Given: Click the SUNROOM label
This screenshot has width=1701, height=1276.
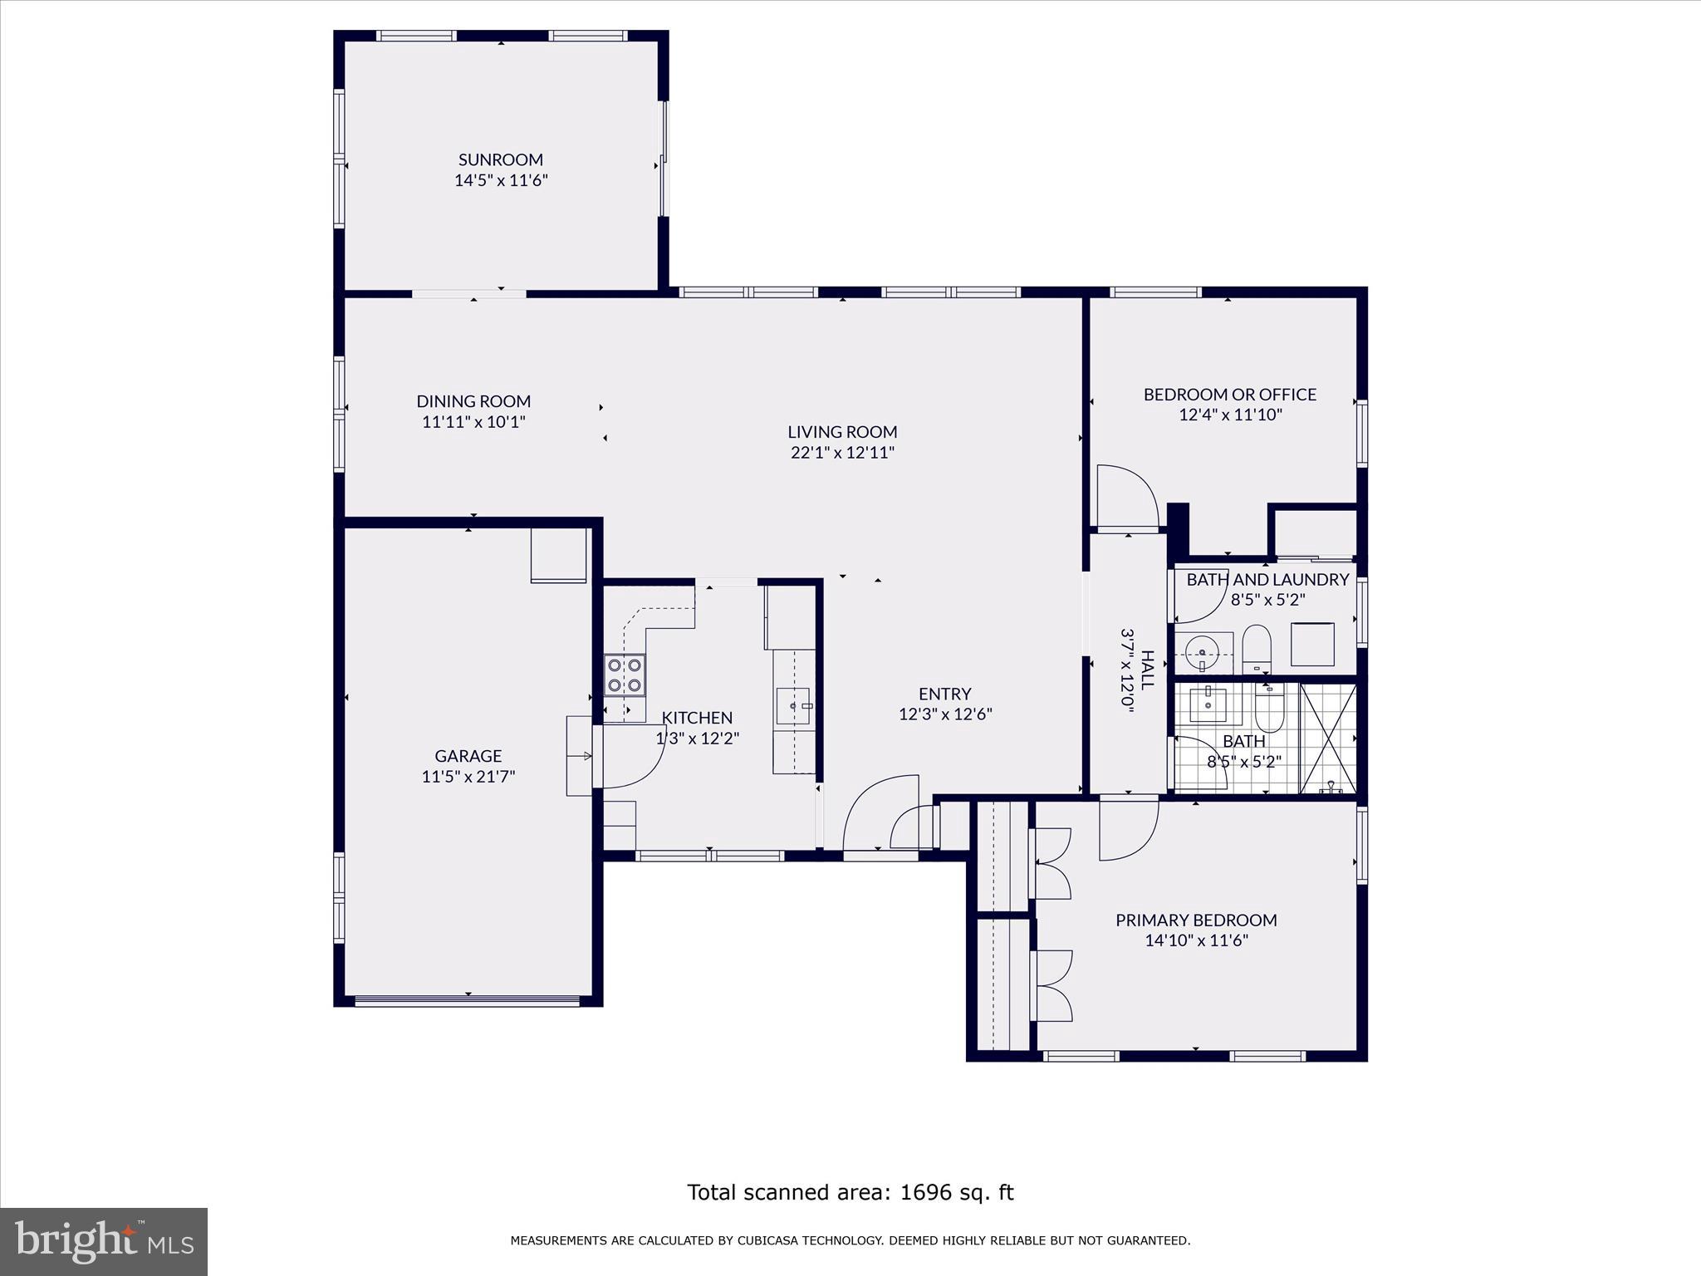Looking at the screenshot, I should (500, 159).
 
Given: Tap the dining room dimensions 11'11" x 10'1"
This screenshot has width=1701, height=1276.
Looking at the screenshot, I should (473, 422).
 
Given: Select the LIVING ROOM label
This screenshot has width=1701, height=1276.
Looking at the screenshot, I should (842, 432).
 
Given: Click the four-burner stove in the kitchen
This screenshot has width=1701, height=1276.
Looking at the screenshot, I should (625, 675).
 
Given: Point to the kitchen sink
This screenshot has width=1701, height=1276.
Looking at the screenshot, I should (794, 705).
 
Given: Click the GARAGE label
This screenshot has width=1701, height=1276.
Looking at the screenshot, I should (468, 756).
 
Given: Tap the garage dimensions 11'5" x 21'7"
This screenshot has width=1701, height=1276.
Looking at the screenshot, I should (468, 777).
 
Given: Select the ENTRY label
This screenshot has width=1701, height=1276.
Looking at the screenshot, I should (944, 694).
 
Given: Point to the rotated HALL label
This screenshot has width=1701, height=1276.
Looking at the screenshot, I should (1148, 670).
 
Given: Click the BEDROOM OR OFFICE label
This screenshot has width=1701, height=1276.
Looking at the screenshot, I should (1229, 395).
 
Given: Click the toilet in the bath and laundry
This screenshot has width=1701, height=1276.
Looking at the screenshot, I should (1257, 648).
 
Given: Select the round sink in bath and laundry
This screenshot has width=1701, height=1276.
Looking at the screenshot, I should (1202, 651).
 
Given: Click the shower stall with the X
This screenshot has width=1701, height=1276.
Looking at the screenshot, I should (1327, 738).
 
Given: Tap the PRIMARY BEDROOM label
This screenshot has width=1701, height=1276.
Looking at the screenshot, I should (1195, 920).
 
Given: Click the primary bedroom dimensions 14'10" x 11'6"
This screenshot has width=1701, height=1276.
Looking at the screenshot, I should (1195, 941).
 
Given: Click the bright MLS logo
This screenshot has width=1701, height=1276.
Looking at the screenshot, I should (104, 1242).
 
